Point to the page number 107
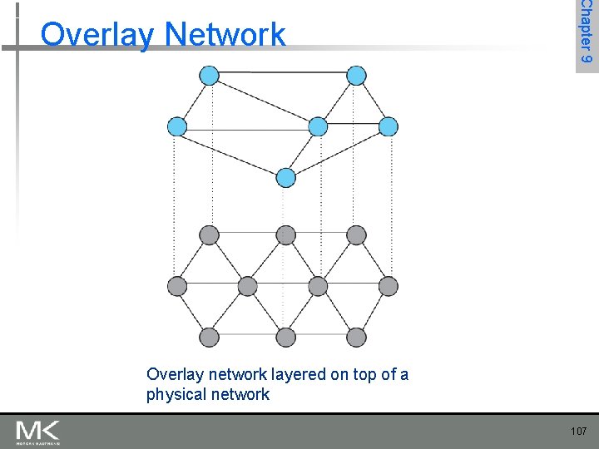pyautogui.click(x=579, y=431)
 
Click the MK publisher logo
pyautogui.click(x=37, y=432)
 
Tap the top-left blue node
pyautogui.click(x=210, y=76)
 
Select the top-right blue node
pyautogui.click(x=356, y=76)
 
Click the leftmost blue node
pyautogui.click(x=177, y=126)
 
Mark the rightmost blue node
pyautogui.click(x=389, y=126)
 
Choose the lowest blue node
pyautogui.click(x=286, y=177)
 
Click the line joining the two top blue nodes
pyautogui.click(x=283, y=73)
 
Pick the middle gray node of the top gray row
pyautogui.click(x=286, y=235)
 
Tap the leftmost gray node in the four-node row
pyautogui.click(x=177, y=286)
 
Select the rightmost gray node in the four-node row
pyautogui.click(x=389, y=286)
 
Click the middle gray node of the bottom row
pyautogui.click(x=286, y=337)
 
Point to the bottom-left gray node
pyautogui.click(x=210, y=337)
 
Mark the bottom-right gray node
pyautogui.click(x=356, y=337)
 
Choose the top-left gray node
pyautogui.click(x=210, y=235)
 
